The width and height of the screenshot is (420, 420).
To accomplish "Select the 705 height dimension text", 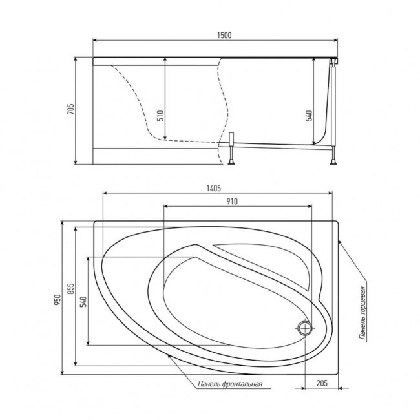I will (x=71, y=110).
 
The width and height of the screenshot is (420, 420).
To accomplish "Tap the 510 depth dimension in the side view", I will (x=160, y=115).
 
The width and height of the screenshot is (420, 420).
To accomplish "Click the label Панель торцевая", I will (x=364, y=313).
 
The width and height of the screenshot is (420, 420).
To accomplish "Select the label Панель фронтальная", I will (x=230, y=385).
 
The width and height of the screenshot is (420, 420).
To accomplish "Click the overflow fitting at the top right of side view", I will (x=334, y=62).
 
